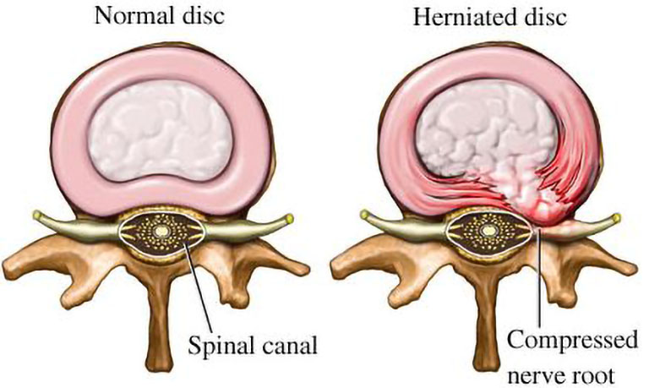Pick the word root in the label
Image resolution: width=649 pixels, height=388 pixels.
point(592,375)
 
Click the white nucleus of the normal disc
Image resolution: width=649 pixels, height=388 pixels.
point(160,128)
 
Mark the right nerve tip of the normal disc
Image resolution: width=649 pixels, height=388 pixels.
point(289,217)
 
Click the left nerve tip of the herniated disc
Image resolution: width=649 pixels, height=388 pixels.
point(365,216)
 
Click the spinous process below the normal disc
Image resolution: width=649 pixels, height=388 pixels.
point(159,319)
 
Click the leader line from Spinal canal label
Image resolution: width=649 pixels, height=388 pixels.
point(197,287)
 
